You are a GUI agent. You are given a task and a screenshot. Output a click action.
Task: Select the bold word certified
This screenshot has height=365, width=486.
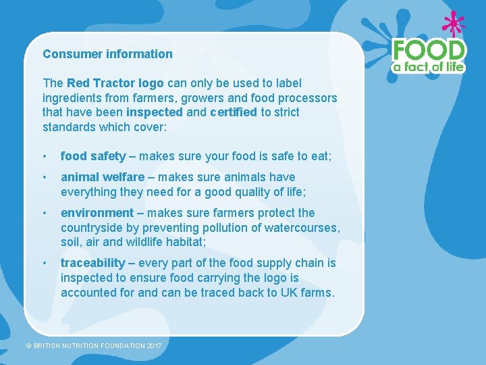234,112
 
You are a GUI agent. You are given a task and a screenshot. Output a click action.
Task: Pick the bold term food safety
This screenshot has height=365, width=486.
93,157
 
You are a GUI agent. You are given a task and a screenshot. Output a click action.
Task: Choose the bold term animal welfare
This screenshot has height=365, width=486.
103,177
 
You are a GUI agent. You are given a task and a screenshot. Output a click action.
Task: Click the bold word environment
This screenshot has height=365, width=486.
97,213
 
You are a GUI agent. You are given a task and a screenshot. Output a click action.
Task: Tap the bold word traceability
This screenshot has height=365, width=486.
93,263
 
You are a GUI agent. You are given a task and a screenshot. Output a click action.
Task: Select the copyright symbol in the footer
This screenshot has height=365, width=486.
29,346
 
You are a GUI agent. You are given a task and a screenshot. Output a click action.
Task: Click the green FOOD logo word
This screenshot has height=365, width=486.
429,50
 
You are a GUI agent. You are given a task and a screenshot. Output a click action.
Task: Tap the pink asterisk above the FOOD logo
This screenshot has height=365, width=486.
454,25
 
